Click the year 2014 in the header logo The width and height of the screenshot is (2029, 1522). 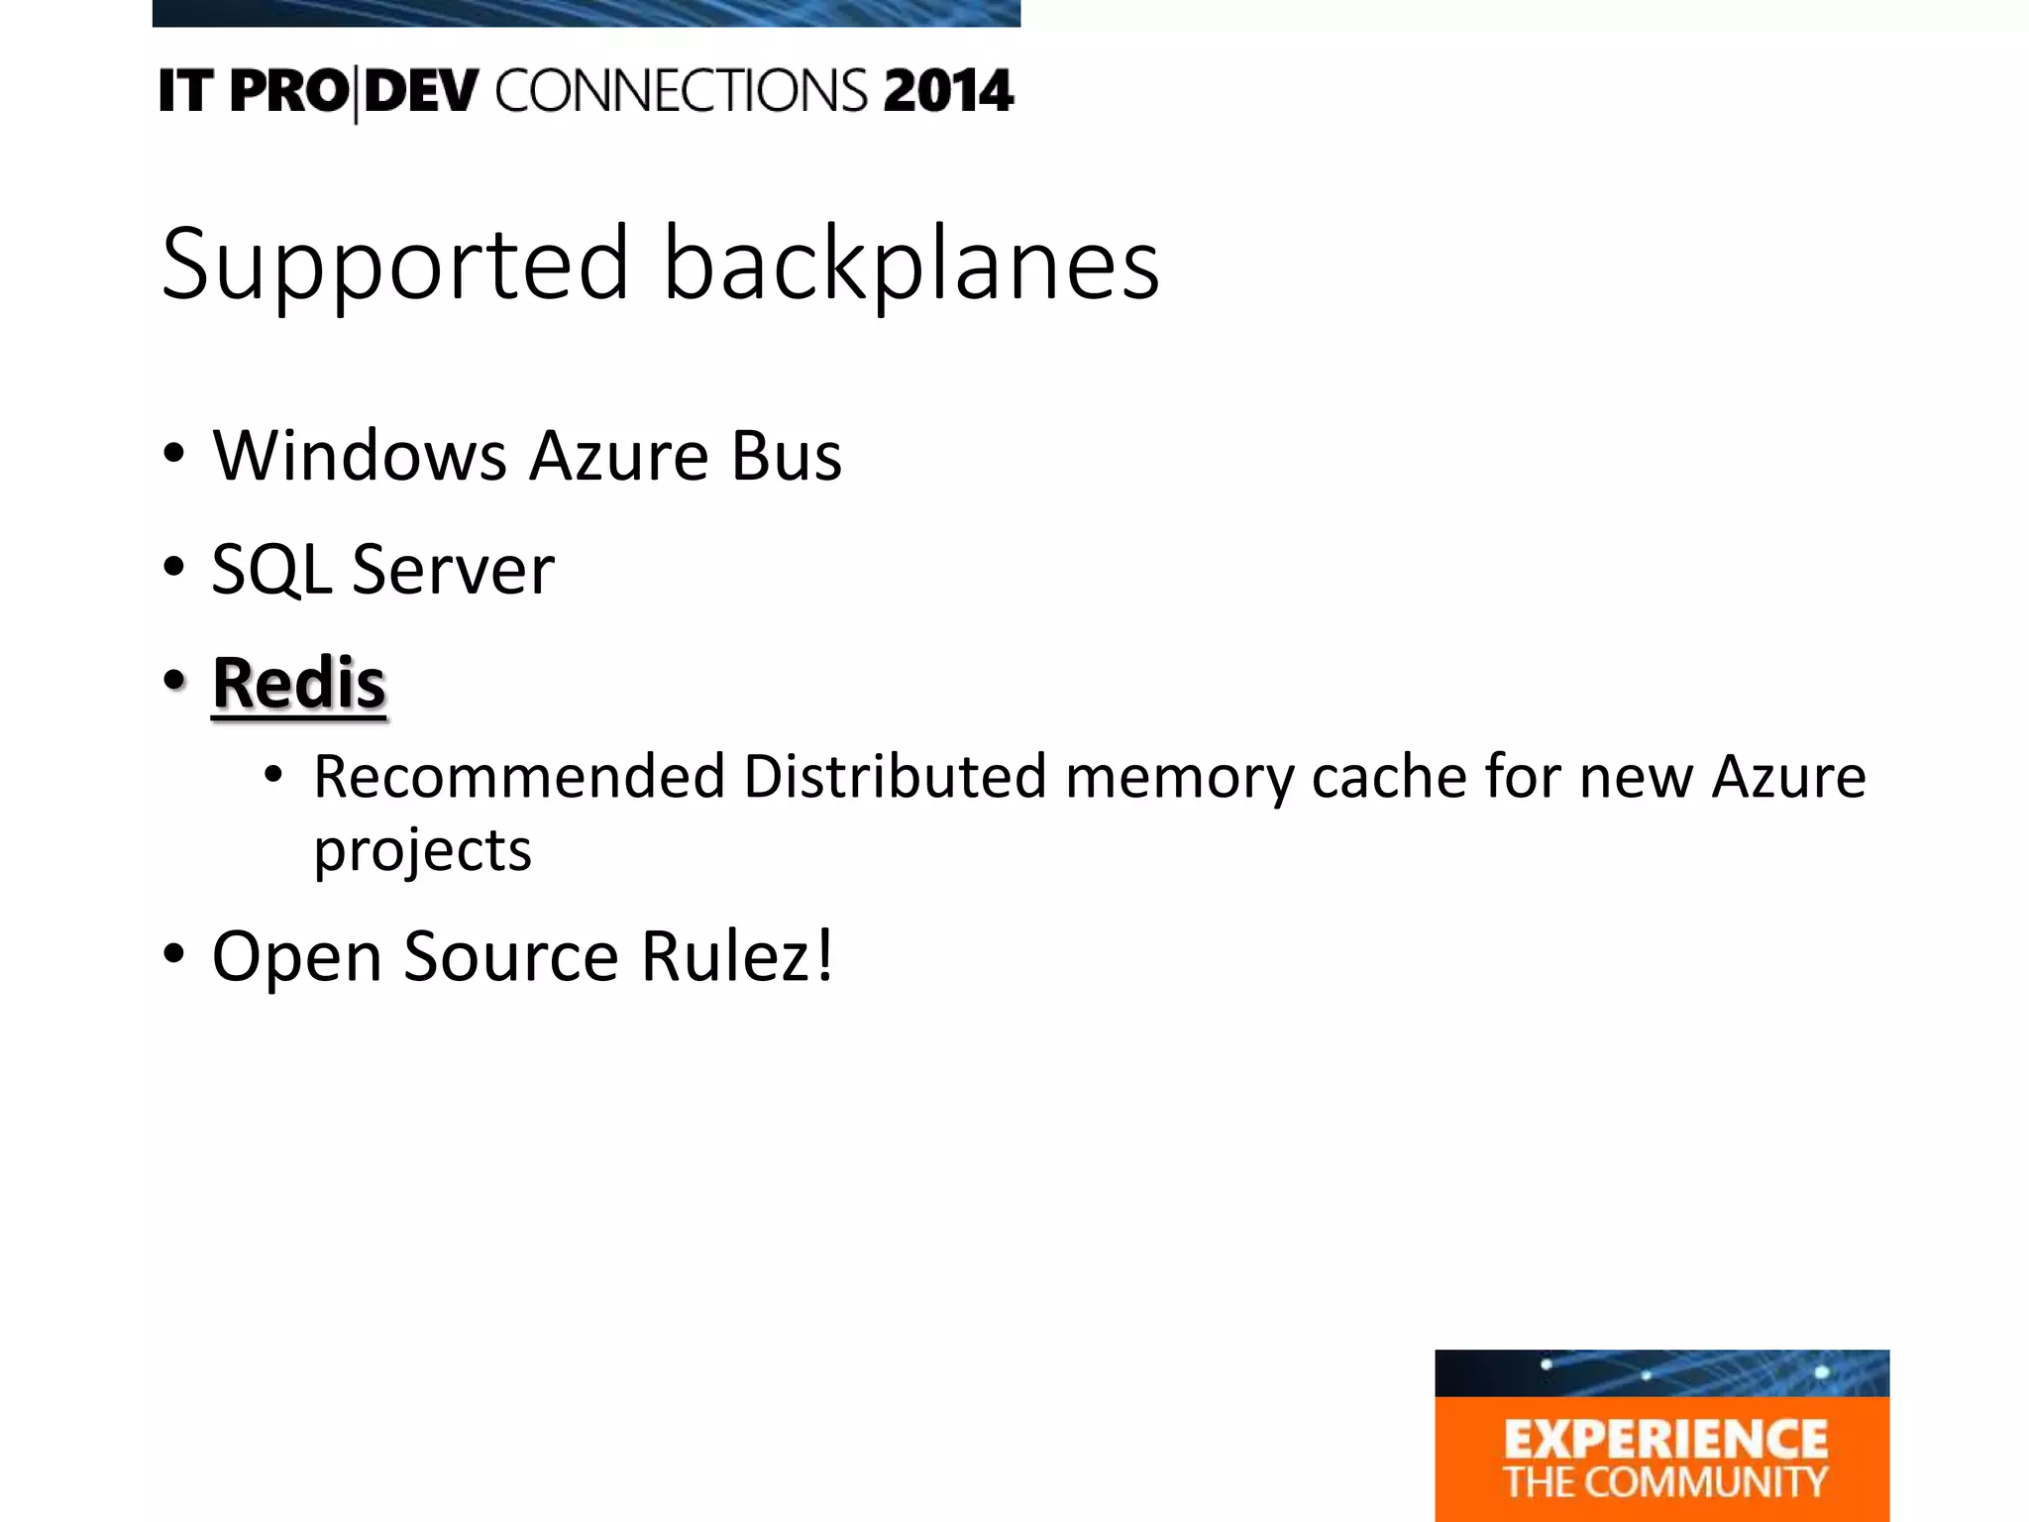click(948, 91)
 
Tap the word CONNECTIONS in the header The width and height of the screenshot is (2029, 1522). click(682, 91)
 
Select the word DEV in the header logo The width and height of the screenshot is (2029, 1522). click(421, 91)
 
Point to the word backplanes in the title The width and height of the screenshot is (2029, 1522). click(910, 264)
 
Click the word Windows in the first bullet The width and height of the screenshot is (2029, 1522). click(360, 456)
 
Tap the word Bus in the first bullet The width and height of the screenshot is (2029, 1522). click(787, 456)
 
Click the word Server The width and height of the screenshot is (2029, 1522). click(453, 570)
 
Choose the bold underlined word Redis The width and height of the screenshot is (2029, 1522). click(298, 683)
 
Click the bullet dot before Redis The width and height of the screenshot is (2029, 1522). click(174, 681)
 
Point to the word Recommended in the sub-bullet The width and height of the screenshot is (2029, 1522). click(519, 776)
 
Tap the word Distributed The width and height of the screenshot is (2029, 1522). click(895, 776)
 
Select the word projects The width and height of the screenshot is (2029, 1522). click(423, 850)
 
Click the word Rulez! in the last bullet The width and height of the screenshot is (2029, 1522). click(737, 956)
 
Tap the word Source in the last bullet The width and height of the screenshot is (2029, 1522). click(511, 956)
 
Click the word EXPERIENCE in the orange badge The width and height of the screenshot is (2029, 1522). click(1665, 1440)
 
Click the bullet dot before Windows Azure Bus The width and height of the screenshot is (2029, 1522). click(174, 454)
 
